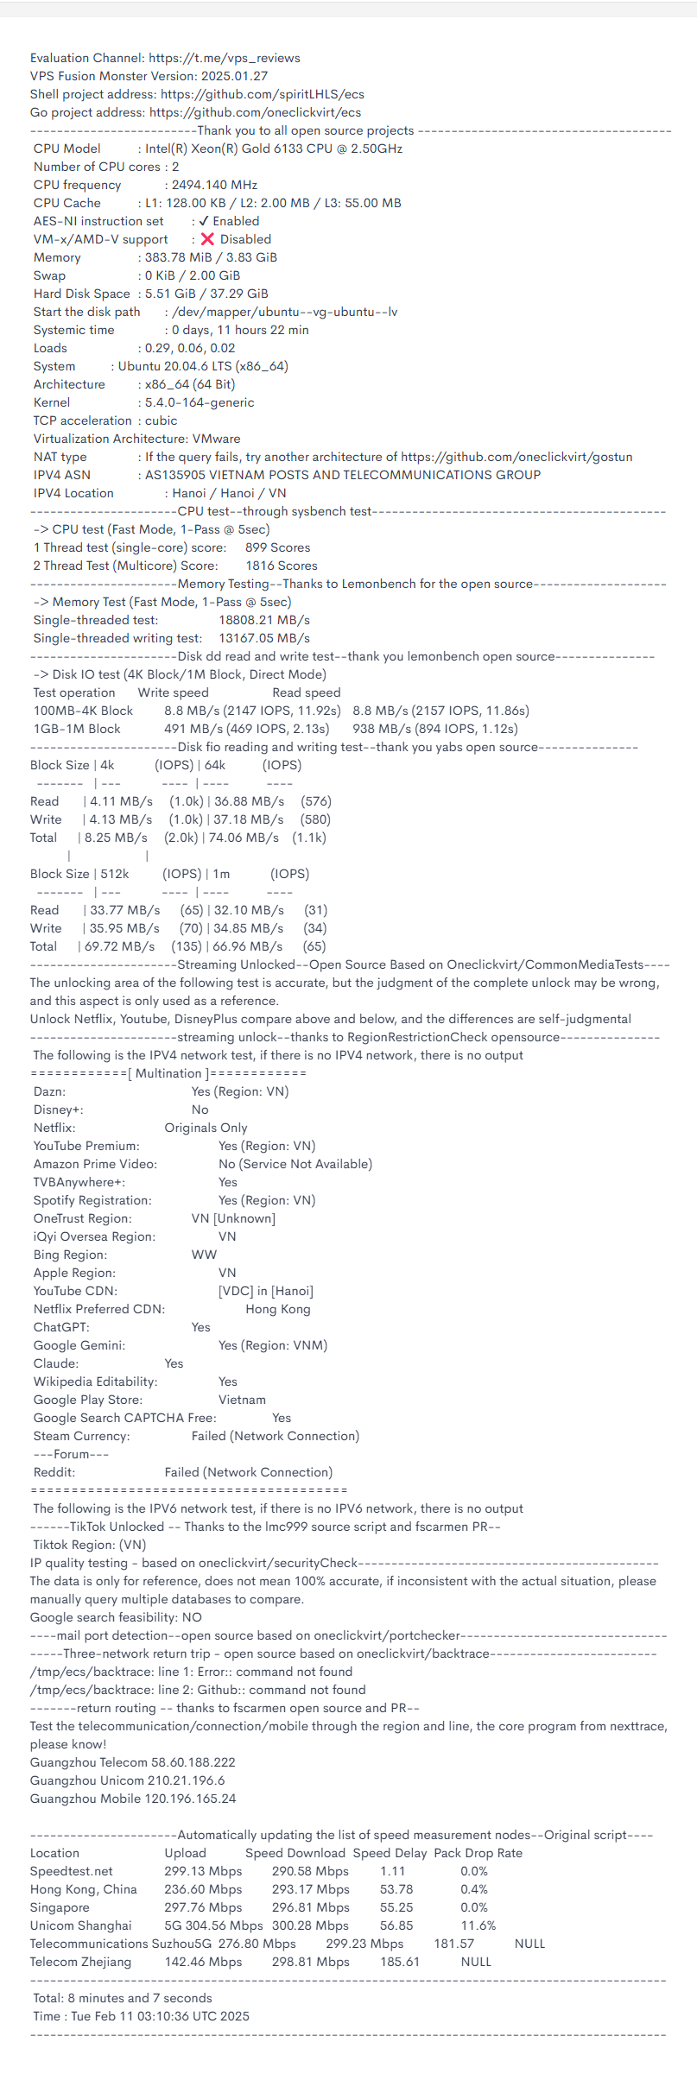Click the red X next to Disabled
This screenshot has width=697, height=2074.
pyautogui.click(x=207, y=239)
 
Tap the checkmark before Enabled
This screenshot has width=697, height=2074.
pyautogui.click(x=204, y=221)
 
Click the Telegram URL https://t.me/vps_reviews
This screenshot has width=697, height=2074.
pyautogui.click(x=225, y=58)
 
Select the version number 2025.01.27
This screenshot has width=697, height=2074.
pyautogui.click(x=235, y=76)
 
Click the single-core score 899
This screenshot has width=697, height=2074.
pyautogui.click(x=256, y=547)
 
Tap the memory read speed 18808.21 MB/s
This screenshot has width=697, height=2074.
pyautogui.click(x=264, y=620)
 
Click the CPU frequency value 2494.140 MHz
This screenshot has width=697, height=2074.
pyautogui.click(x=214, y=185)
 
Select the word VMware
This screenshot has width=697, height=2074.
pyautogui.click(x=216, y=439)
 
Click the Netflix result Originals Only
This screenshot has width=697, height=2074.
pyautogui.click(x=206, y=1128)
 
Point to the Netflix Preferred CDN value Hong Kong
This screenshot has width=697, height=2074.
pyautogui.click(x=277, y=1309)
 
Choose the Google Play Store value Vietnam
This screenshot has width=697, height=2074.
pyautogui.click(x=242, y=1400)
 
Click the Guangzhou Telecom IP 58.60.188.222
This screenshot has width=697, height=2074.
pyautogui.click(x=181, y=1762)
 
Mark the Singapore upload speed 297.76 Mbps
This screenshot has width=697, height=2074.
pyautogui.click(x=203, y=1907)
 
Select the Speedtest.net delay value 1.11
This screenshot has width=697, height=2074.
pyautogui.click(x=392, y=1871)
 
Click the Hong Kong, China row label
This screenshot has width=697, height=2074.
pyautogui.click(x=83, y=1889)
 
